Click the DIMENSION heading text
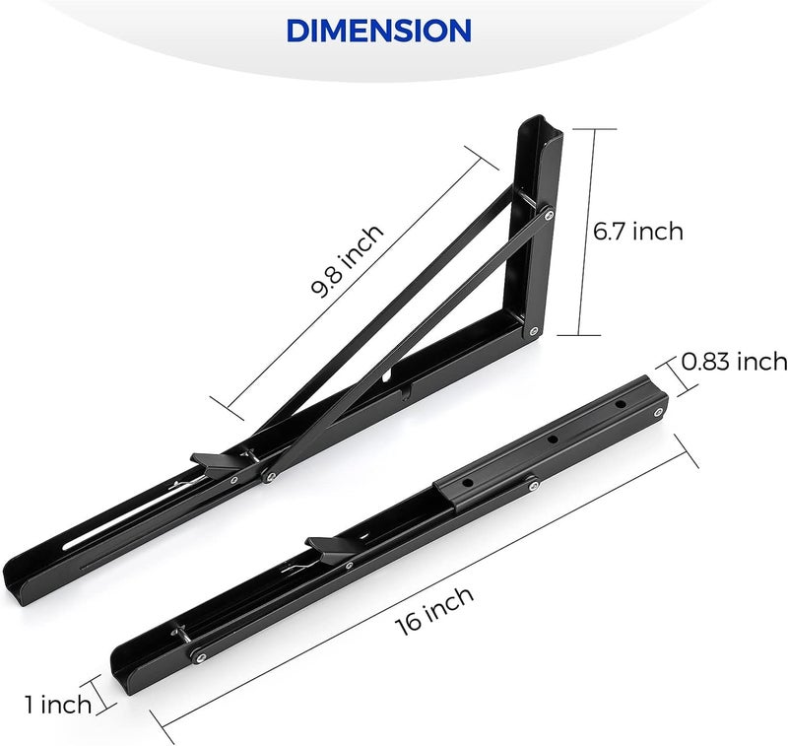(x=378, y=30)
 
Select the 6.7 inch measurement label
(x=637, y=232)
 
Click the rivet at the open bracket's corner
(x=533, y=329)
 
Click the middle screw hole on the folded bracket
(x=554, y=440)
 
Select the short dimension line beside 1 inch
(x=102, y=688)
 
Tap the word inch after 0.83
(x=761, y=362)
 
